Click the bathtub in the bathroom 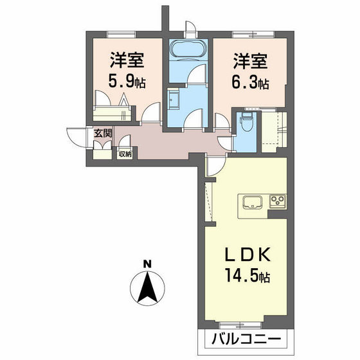188,49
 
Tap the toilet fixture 247,122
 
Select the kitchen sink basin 252,202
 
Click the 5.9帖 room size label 127,82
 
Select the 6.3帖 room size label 250,84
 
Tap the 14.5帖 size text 248,276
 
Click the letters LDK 248,255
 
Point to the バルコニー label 246,339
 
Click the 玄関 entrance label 103,133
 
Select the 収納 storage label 125,154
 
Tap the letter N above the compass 147,264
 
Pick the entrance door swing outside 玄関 76,136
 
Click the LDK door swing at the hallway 215,166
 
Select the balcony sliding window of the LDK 240,325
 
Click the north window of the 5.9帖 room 121,35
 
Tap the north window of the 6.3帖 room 253,35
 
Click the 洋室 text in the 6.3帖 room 251,61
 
